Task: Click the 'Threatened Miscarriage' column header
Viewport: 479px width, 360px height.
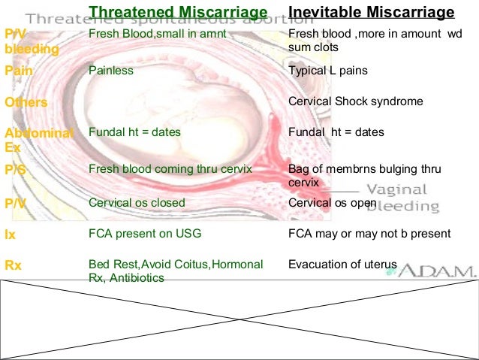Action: [178, 12]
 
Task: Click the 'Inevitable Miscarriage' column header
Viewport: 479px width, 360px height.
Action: [372, 12]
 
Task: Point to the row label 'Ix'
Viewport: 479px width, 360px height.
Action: [10, 234]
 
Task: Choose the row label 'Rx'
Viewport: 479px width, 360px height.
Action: [13, 265]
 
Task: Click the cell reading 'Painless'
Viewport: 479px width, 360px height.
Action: [111, 71]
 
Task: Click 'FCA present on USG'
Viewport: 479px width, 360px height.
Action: [145, 234]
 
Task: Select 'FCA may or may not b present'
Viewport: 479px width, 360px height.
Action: [369, 234]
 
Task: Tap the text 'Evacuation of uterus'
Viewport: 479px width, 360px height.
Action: [342, 265]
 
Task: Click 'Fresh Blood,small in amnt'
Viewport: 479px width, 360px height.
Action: [157, 34]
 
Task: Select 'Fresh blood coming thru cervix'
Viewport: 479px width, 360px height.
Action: [170, 169]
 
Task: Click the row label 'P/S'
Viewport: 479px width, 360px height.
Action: [15, 170]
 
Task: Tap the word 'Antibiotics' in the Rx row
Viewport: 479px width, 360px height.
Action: [139, 277]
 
